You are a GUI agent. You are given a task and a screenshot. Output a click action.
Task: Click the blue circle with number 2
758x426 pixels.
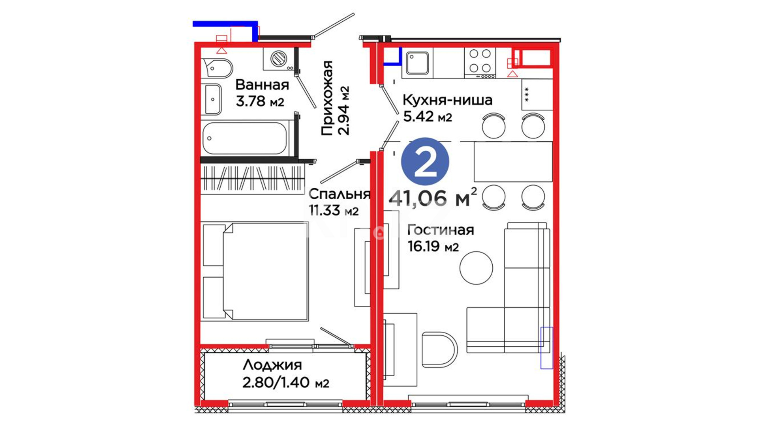click(425, 161)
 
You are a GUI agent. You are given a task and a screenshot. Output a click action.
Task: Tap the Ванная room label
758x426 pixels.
click(262, 85)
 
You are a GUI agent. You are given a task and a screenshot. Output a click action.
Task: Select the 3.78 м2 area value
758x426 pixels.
click(260, 101)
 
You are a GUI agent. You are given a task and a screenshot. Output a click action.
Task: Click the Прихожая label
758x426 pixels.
click(327, 98)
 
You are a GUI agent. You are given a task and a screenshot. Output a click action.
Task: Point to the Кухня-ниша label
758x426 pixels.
click(447, 100)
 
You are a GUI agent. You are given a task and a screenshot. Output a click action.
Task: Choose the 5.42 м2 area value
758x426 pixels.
click(428, 116)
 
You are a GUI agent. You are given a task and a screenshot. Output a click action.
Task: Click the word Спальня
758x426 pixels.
click(339, 194)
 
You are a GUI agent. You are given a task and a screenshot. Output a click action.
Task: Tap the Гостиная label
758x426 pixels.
click(441, 230)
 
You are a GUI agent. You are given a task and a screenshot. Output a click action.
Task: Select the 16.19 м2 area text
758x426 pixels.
click(433, 247)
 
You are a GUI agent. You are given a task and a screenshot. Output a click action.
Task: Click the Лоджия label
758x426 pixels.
click(272, 365)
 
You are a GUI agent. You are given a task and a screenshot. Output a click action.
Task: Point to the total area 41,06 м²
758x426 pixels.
click(433, 198)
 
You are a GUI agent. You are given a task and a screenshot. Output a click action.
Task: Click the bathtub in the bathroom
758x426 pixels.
click(245, 138)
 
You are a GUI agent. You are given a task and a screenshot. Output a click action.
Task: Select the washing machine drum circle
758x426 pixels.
click(279, 59)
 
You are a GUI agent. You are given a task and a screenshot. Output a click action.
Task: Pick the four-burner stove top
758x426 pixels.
click(480, 63)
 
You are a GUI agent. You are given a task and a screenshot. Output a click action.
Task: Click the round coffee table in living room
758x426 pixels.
click(476, 268)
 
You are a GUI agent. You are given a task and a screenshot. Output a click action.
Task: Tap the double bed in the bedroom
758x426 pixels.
click(255, 271)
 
